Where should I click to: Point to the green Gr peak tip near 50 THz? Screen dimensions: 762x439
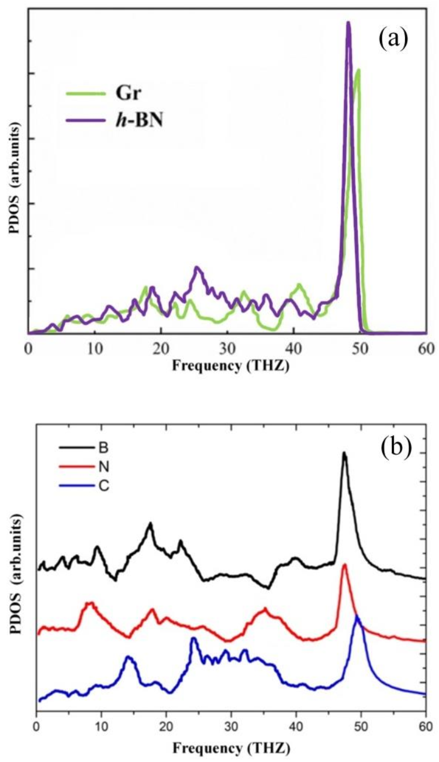pos(358,70)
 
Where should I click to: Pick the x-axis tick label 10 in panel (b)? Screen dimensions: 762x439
pos(102,725)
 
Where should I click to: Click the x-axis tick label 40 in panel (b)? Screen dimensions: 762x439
pos(296,725)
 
